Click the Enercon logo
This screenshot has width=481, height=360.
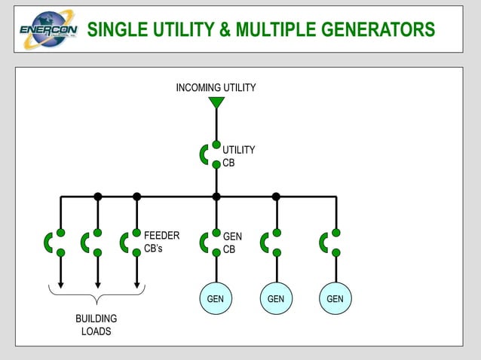click(x=47, y=29)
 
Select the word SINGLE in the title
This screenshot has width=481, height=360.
click(x=116, y=30)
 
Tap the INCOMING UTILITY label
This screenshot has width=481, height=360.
click(x=216, y=88)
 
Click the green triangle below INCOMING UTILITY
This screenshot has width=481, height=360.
click(x=216, y=102)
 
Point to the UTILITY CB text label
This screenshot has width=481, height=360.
click(x=238, y=156)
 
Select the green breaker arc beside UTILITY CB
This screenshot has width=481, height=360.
click(x=204, y=154)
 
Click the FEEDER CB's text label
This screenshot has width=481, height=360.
click(x=161, y=243)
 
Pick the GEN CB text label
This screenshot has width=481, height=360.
click(x=232, y=243)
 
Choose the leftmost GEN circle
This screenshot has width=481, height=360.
click(x=216, y=299)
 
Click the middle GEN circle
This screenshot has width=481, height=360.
click(x=276, y=299)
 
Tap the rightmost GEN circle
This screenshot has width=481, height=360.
click(x=335, y=299)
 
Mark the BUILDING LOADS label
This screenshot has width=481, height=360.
click(x=96, y=325)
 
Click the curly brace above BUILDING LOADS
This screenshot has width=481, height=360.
click(x=97, y=292)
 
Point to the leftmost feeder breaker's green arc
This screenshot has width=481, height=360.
click(x=48, y=243)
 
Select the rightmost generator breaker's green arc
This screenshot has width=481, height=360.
click(x=323, y=243)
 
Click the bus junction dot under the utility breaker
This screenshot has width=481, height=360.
click(x=216, y=197)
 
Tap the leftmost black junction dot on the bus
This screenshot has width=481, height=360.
click(x=97, y=197)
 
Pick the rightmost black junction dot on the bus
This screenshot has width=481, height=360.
click(x=276, y=197)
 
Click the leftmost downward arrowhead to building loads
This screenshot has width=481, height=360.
click(x=61, y=285)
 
